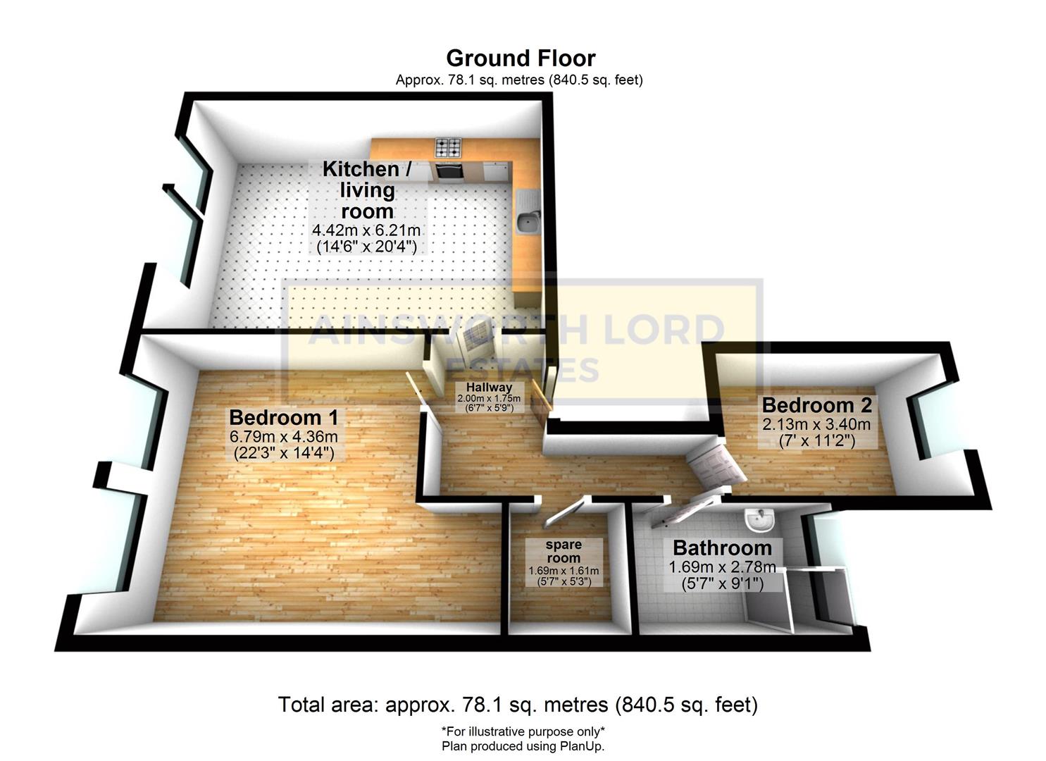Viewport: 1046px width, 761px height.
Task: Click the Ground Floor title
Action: click(520, 58)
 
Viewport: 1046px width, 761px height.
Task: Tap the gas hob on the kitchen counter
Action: click(448, 148)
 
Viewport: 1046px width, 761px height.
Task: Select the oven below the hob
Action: click(448, 171)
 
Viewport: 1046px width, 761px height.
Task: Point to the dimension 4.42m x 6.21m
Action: click(366, 230)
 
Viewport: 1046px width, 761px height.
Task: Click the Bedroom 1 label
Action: click(283, 417)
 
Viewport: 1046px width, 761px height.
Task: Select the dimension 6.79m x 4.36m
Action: click(283, 437)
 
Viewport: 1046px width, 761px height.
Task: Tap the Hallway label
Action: click(489, 388)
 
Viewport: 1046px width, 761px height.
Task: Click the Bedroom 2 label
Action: click(816, 405)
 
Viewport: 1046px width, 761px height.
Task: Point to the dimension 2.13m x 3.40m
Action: click(816, 424)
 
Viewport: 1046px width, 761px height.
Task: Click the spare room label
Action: click(564, 551)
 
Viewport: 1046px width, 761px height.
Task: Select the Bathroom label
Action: click(722, 547)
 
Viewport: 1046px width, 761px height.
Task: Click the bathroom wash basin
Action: click(759, 521)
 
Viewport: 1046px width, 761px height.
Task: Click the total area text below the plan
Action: click(518, 704)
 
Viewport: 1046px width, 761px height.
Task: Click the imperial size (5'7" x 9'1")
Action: click(722, 583)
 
